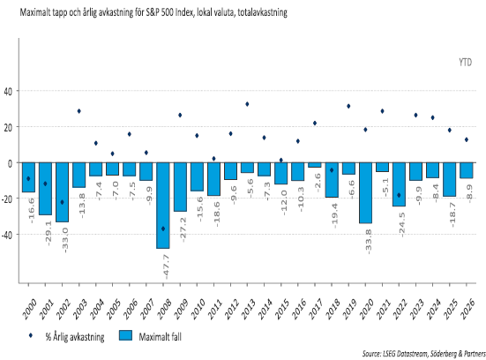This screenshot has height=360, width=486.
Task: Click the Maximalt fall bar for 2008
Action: point(163,206)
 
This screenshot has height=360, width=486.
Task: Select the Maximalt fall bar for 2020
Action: point(365,193)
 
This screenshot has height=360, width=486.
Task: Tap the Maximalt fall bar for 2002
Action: point(62,192)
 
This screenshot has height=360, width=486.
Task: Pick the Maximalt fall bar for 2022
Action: point(400,184)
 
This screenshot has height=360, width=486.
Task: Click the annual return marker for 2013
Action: point(247,104)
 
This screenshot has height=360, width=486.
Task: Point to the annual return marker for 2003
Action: point(79,111)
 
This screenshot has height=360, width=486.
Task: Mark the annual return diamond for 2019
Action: point(348,106)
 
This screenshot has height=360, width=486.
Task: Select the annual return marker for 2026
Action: point(467,139)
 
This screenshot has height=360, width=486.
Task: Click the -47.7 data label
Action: point(166,267)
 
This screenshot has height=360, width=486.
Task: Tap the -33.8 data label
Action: point(369,242)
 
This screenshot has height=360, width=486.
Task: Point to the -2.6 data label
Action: point(318,183)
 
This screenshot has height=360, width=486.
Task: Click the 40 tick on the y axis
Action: point(8,92)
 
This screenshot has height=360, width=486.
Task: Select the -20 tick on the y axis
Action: point(7,199)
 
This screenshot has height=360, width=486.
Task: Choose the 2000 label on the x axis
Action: point(29,309)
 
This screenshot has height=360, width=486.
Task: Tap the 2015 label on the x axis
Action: point(282,309)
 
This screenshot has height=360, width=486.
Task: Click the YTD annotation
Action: point(465,63)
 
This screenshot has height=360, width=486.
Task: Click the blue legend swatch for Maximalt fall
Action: point(125,336)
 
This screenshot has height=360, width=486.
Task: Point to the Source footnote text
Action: point(424,354)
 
